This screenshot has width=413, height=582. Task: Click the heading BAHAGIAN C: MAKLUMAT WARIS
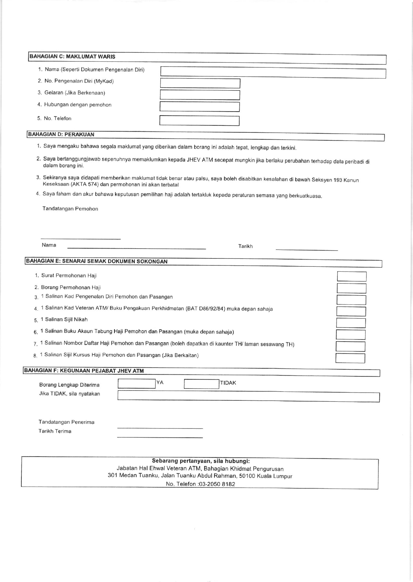click(x=73, y=56)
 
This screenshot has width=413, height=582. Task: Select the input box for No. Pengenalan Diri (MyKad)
click(x=200, y=83)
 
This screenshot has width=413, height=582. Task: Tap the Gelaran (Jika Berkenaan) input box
click(x=200, y=95)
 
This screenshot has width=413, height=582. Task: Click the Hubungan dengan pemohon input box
click(x=200, y=107)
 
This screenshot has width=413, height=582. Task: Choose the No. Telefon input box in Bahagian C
click(x=199, y=120)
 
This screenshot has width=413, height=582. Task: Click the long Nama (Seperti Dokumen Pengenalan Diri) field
click(x=273, y=73)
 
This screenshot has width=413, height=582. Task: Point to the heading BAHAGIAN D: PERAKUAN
click(x=61, y=134)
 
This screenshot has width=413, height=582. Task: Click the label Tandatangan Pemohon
click(x=70, y=209)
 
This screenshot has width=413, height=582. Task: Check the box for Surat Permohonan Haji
click(x=352, y=276)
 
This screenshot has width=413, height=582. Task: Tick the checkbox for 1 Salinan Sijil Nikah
click(x=351, y=323)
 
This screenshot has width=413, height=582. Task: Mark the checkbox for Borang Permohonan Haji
click(x=351, y=288)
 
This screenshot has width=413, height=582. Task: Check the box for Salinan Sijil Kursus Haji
click(x=350, y=358)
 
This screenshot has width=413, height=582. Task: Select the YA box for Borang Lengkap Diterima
click(x=136, y=384)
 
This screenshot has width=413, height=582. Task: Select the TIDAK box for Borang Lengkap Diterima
click(x=201, y=384)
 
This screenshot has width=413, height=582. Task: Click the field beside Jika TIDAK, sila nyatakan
click(x=248, y=396)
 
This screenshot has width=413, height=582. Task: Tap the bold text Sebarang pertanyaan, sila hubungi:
click(x=201, y=461)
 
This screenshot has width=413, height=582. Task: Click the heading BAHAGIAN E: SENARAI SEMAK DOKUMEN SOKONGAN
click(x=97, y=261)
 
